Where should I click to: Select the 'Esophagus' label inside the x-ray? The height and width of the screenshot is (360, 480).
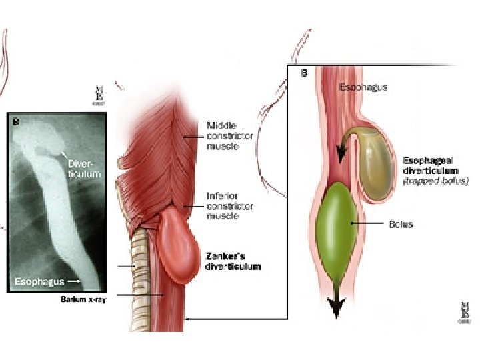[41, 281]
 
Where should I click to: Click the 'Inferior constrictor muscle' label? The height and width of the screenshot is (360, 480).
[230, 207]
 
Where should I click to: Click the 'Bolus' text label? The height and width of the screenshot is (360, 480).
[401, 224]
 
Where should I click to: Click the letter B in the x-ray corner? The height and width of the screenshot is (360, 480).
[15, 122]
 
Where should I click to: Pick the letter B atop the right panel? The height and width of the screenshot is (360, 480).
[304, 73]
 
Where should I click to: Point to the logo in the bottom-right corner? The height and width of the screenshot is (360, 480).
[464, 313]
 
